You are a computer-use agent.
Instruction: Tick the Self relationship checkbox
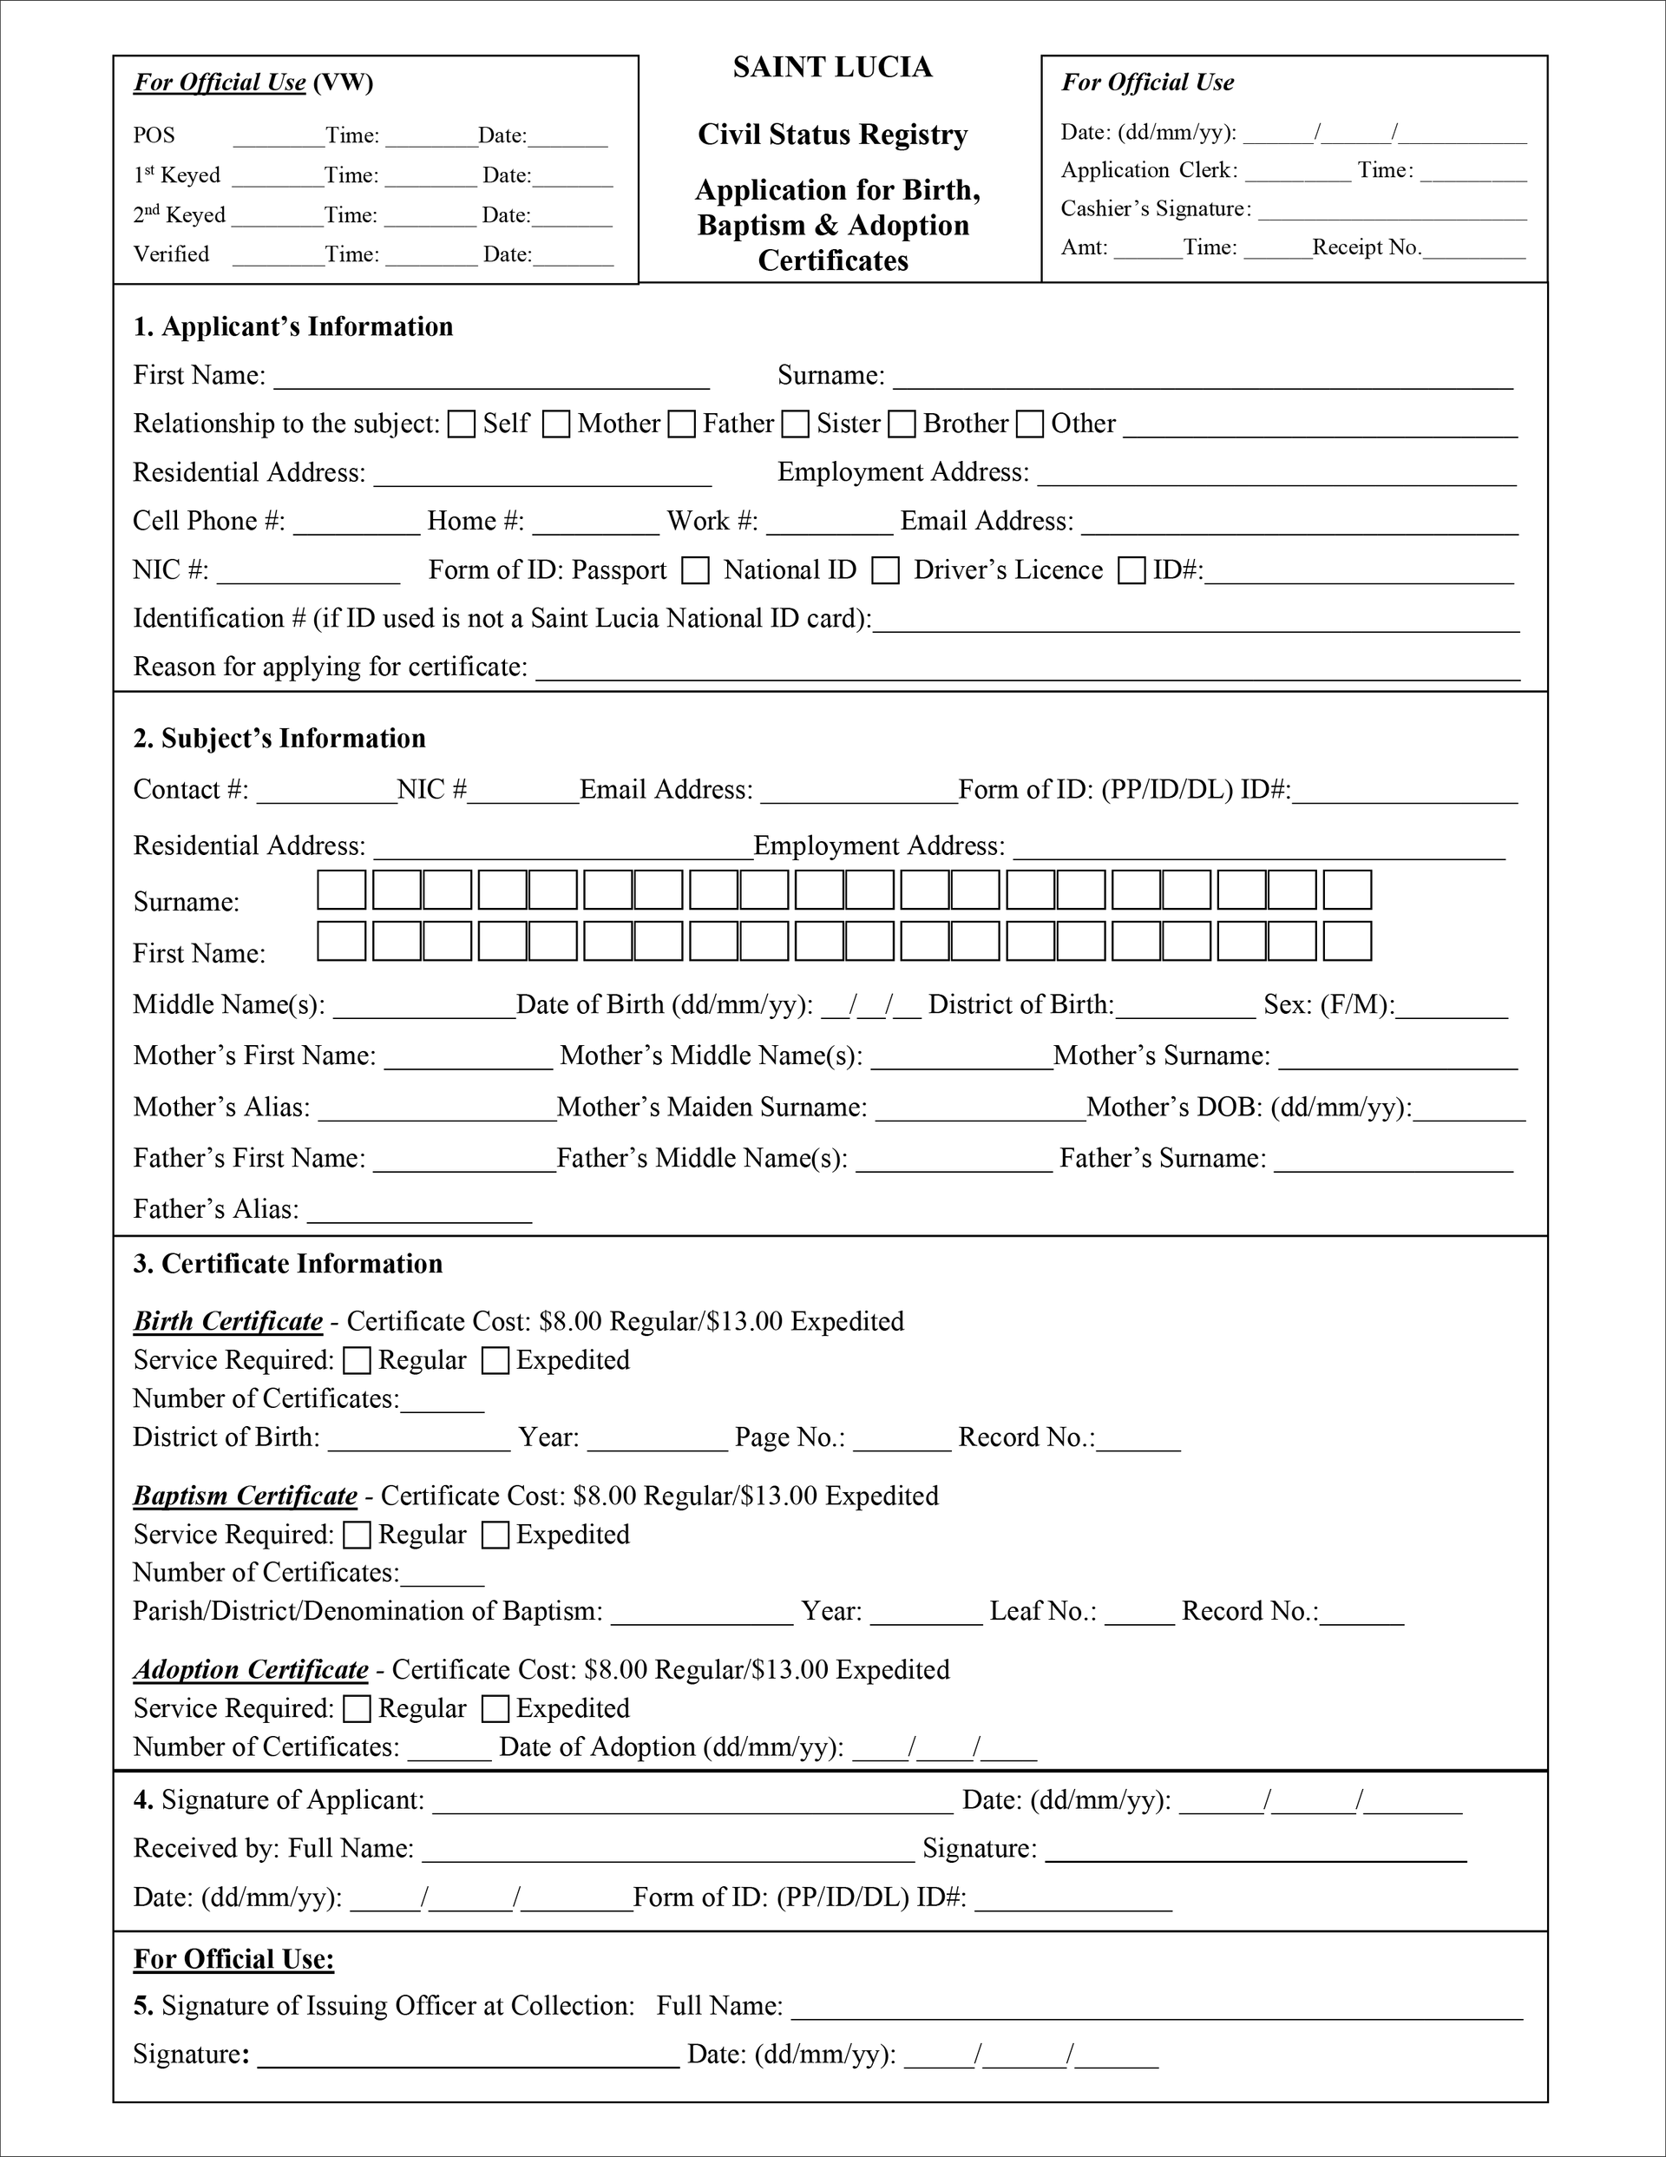pos(461,424)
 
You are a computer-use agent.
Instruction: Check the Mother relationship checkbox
pos(556,424)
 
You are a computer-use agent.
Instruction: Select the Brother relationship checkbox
pos(902,424)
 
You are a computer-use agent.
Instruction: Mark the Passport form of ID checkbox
pos(696,570)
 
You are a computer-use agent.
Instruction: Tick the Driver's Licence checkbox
pos(1131,570)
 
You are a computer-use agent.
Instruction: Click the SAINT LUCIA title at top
pos(832,67)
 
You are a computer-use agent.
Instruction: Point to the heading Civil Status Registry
pos(832,135)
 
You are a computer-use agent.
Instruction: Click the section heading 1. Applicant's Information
pos(293,327)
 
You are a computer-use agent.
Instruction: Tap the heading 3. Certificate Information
pos(287,1264)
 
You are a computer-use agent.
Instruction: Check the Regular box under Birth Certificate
pos(357,1361)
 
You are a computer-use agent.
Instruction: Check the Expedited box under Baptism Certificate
pos(495,1535)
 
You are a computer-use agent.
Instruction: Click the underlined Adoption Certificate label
pos(251,1670)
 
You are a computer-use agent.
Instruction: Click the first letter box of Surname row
pos(342,890)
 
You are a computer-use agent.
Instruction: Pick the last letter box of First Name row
pos(1347,941)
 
